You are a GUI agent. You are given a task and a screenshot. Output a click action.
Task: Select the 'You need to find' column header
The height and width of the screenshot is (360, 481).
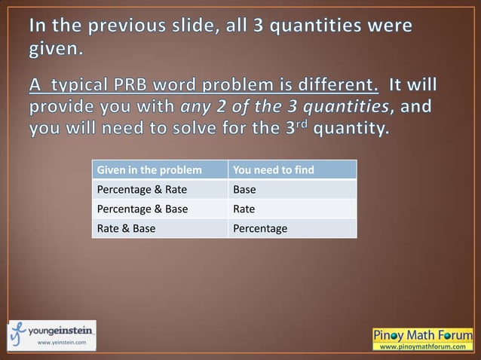pos(274,169)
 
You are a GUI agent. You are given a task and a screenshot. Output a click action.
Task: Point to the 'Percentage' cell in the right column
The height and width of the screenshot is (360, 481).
pos(260,228)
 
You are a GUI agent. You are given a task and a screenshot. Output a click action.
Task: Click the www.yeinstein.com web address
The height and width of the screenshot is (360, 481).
pos(62,343)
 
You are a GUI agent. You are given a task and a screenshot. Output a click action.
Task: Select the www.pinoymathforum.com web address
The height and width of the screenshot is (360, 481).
pos(422,346)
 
